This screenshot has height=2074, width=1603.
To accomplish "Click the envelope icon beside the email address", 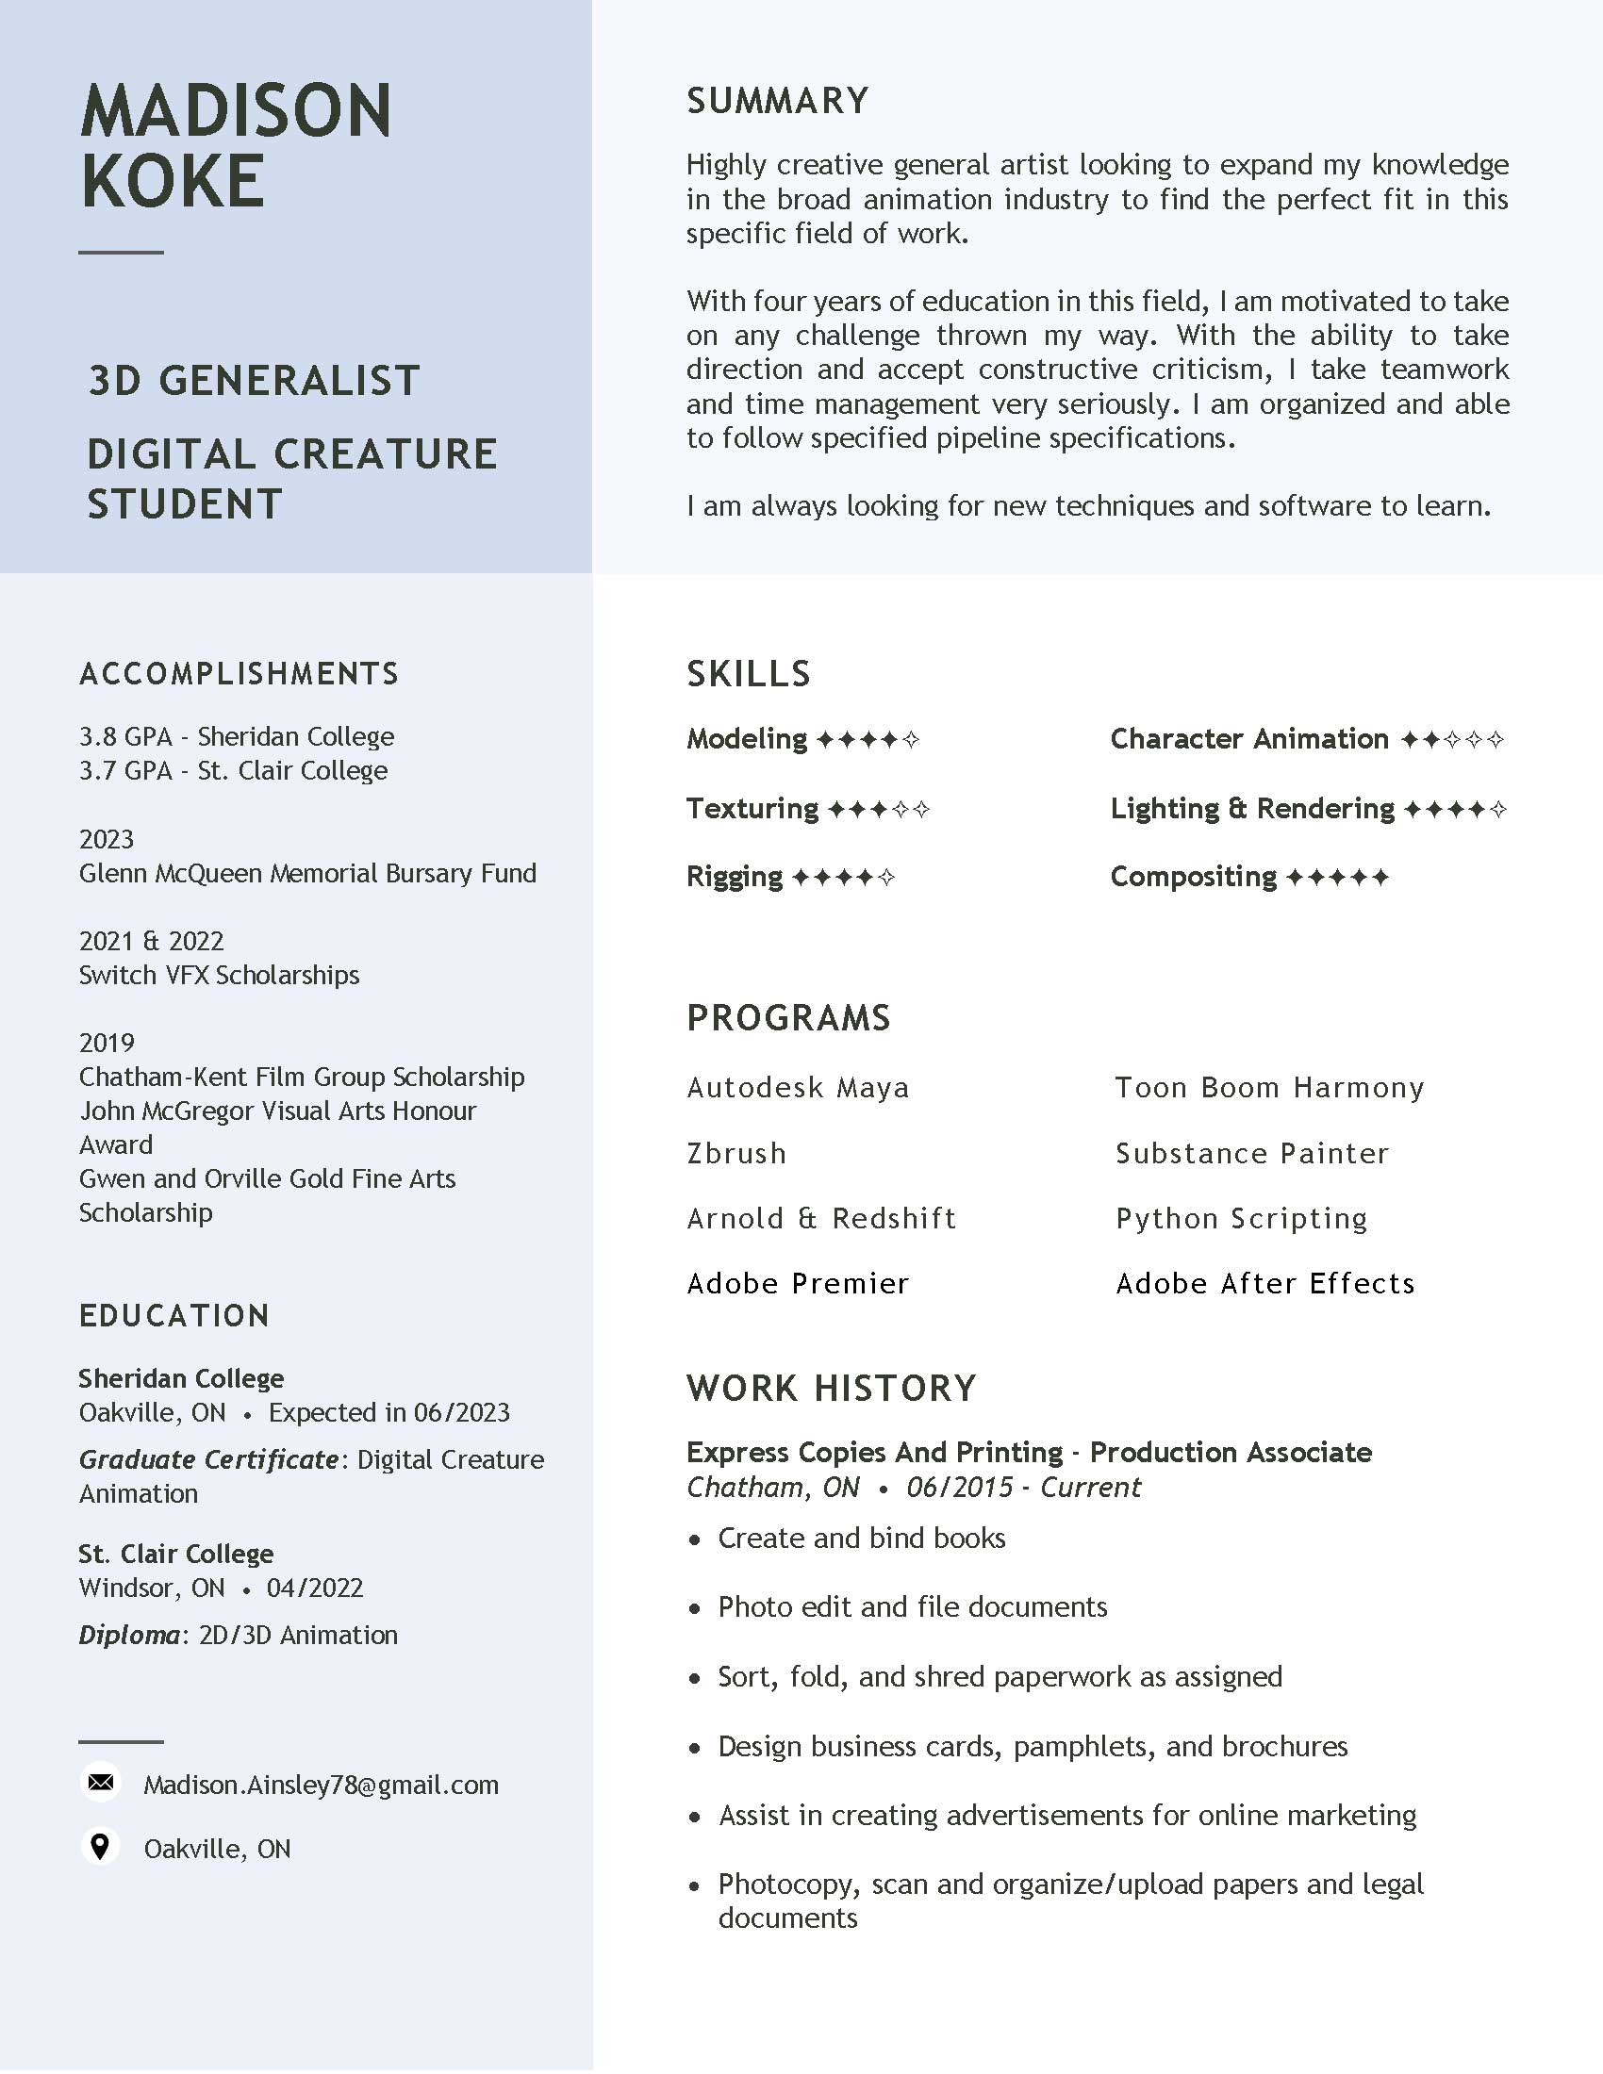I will tap(101, 1783).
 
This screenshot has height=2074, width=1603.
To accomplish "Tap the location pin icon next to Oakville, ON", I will tap(100, 1846).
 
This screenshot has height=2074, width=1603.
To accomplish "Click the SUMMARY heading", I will tap(778, 101).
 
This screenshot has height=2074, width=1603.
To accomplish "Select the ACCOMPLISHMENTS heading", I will tap(239, 673).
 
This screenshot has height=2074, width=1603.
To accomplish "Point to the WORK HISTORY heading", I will tap(831, 1388).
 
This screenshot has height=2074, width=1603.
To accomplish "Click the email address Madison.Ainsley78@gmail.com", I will tap(321, 1785).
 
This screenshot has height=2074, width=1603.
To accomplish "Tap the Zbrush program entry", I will tap(736, 1153).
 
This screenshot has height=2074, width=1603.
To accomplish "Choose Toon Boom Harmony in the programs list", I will tap(1268, 1087).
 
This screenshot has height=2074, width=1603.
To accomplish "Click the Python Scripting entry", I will tap(1241, 1218).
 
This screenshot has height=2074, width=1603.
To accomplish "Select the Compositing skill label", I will tap(1193, 877).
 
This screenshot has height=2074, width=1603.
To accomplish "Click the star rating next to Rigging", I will tap(842, 878).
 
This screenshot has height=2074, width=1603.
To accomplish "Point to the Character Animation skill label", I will tap(1248, 739).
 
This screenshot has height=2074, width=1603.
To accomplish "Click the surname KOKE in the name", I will tap(173, 181).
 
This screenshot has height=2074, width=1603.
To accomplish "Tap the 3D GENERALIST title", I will tap(254, 381).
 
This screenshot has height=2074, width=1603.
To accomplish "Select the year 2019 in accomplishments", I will tap(107, 1043).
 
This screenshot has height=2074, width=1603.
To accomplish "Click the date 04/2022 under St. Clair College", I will tap(314, 1588).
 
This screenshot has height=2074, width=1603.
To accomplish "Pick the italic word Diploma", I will tap(128, 1635).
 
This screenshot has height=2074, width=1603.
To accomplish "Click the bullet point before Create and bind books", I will tap(695, 1539).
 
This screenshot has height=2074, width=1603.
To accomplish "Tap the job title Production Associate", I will tap(1230, 1452).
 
